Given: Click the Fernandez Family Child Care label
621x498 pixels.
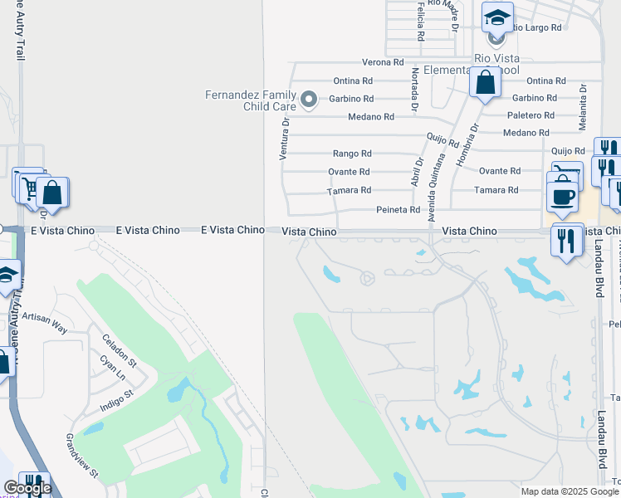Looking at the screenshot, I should (251, 100).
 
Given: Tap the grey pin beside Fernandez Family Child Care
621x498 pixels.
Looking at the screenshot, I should (309, 100).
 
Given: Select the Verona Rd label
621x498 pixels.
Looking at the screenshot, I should (383, 62).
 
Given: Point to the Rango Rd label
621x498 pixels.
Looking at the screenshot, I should (352, 154).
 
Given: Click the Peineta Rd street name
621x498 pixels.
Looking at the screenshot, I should (398, 210).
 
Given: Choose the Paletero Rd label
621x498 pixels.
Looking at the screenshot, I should (531, 115).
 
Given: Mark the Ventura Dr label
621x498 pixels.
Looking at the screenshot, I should (284, 138).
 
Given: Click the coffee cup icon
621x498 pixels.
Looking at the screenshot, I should (563, 197).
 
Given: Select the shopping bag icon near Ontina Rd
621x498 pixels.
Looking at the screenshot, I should (485, 82).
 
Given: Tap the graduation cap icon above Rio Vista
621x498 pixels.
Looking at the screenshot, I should (497, 17).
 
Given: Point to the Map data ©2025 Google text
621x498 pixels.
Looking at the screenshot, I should (569, 491).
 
